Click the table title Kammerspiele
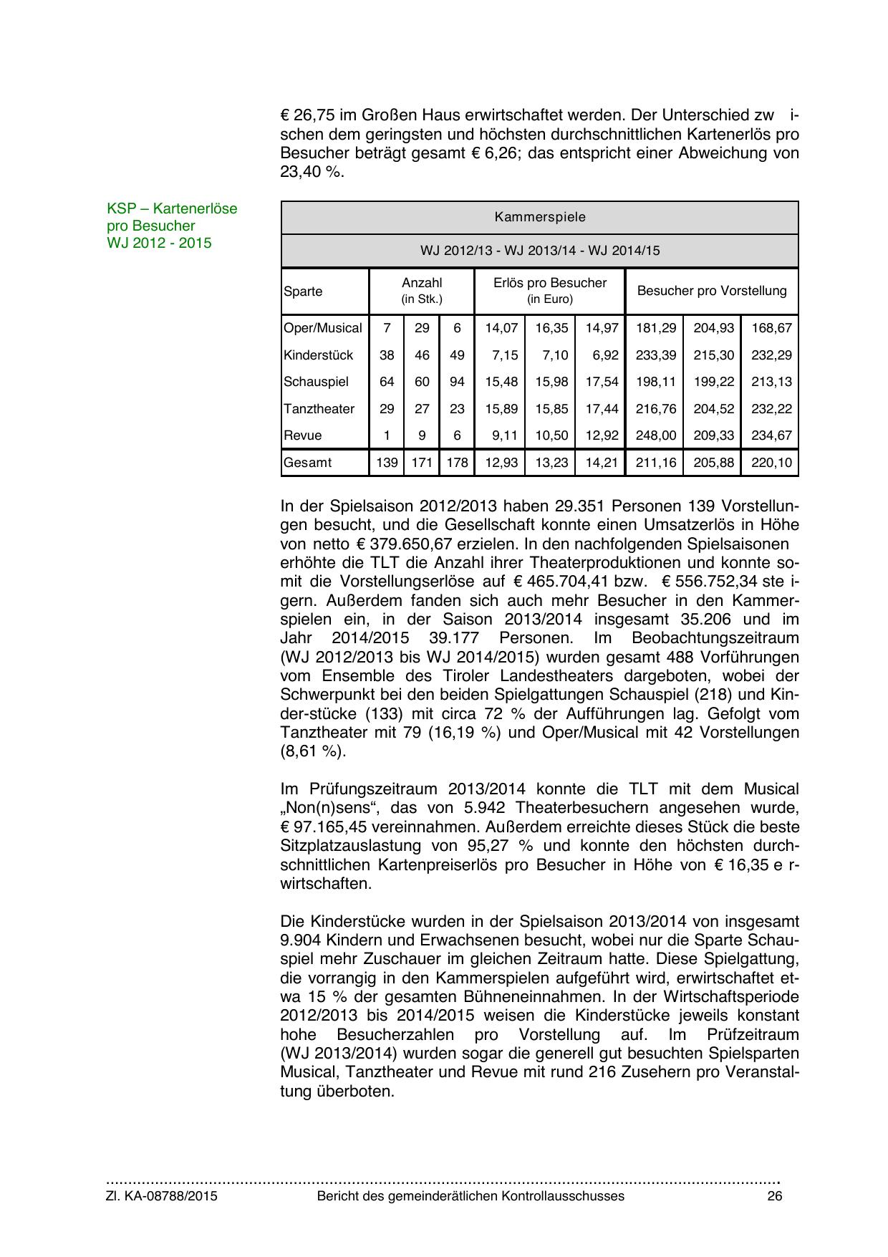539,217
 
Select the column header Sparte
303,292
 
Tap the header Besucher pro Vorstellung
711,291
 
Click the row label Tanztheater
319,409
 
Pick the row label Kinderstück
318,355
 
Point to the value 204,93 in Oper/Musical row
713,328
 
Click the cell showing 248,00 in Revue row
655,435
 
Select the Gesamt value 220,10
771,463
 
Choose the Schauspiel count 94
457,382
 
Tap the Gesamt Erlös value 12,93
501,463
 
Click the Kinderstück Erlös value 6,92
602,355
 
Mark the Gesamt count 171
422,463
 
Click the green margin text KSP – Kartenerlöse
172,208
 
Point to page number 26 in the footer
774,1196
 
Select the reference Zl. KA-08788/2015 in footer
162,1196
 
